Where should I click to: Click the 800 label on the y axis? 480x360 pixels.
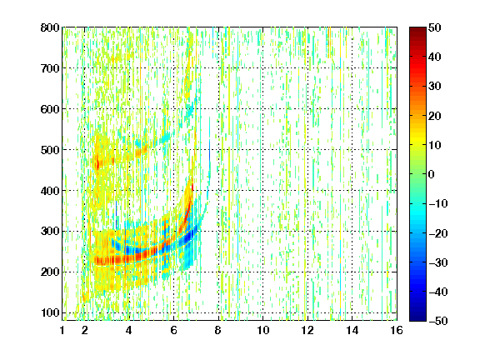(x=50, y=27)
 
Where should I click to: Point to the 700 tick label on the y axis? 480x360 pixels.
(x=50, y=68)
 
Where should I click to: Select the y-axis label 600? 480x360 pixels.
(x=50, y=109)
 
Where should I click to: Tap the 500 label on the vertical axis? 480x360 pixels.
(x=50, y=150)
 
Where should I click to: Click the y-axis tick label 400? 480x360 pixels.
(x=50, y=191)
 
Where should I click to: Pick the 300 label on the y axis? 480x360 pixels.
(x=50, y=231)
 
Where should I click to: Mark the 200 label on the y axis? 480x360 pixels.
(x=50, y=272)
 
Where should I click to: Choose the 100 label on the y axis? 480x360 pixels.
(x=50, y=312)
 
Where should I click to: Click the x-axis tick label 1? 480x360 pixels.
(x=62, y=330)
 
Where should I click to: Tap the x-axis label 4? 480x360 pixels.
(x=129, y=330)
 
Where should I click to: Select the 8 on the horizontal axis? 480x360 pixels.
(x=218, y=330)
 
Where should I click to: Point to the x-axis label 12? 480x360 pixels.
(x=307, y=330)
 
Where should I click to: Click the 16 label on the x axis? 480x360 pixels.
(x=397, y=330)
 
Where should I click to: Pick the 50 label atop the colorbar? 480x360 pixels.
(x=434, y=27)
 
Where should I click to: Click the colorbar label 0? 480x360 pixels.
(x=431, y=174)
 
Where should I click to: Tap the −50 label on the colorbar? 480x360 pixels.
(x=437, y=321)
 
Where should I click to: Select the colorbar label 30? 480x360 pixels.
(x=434, y=87)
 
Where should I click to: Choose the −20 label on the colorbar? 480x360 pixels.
(x=437, y=233)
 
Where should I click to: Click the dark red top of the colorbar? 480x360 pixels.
(x=417, y=30)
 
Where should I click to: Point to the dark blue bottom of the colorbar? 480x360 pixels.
(x=417, y=317)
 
